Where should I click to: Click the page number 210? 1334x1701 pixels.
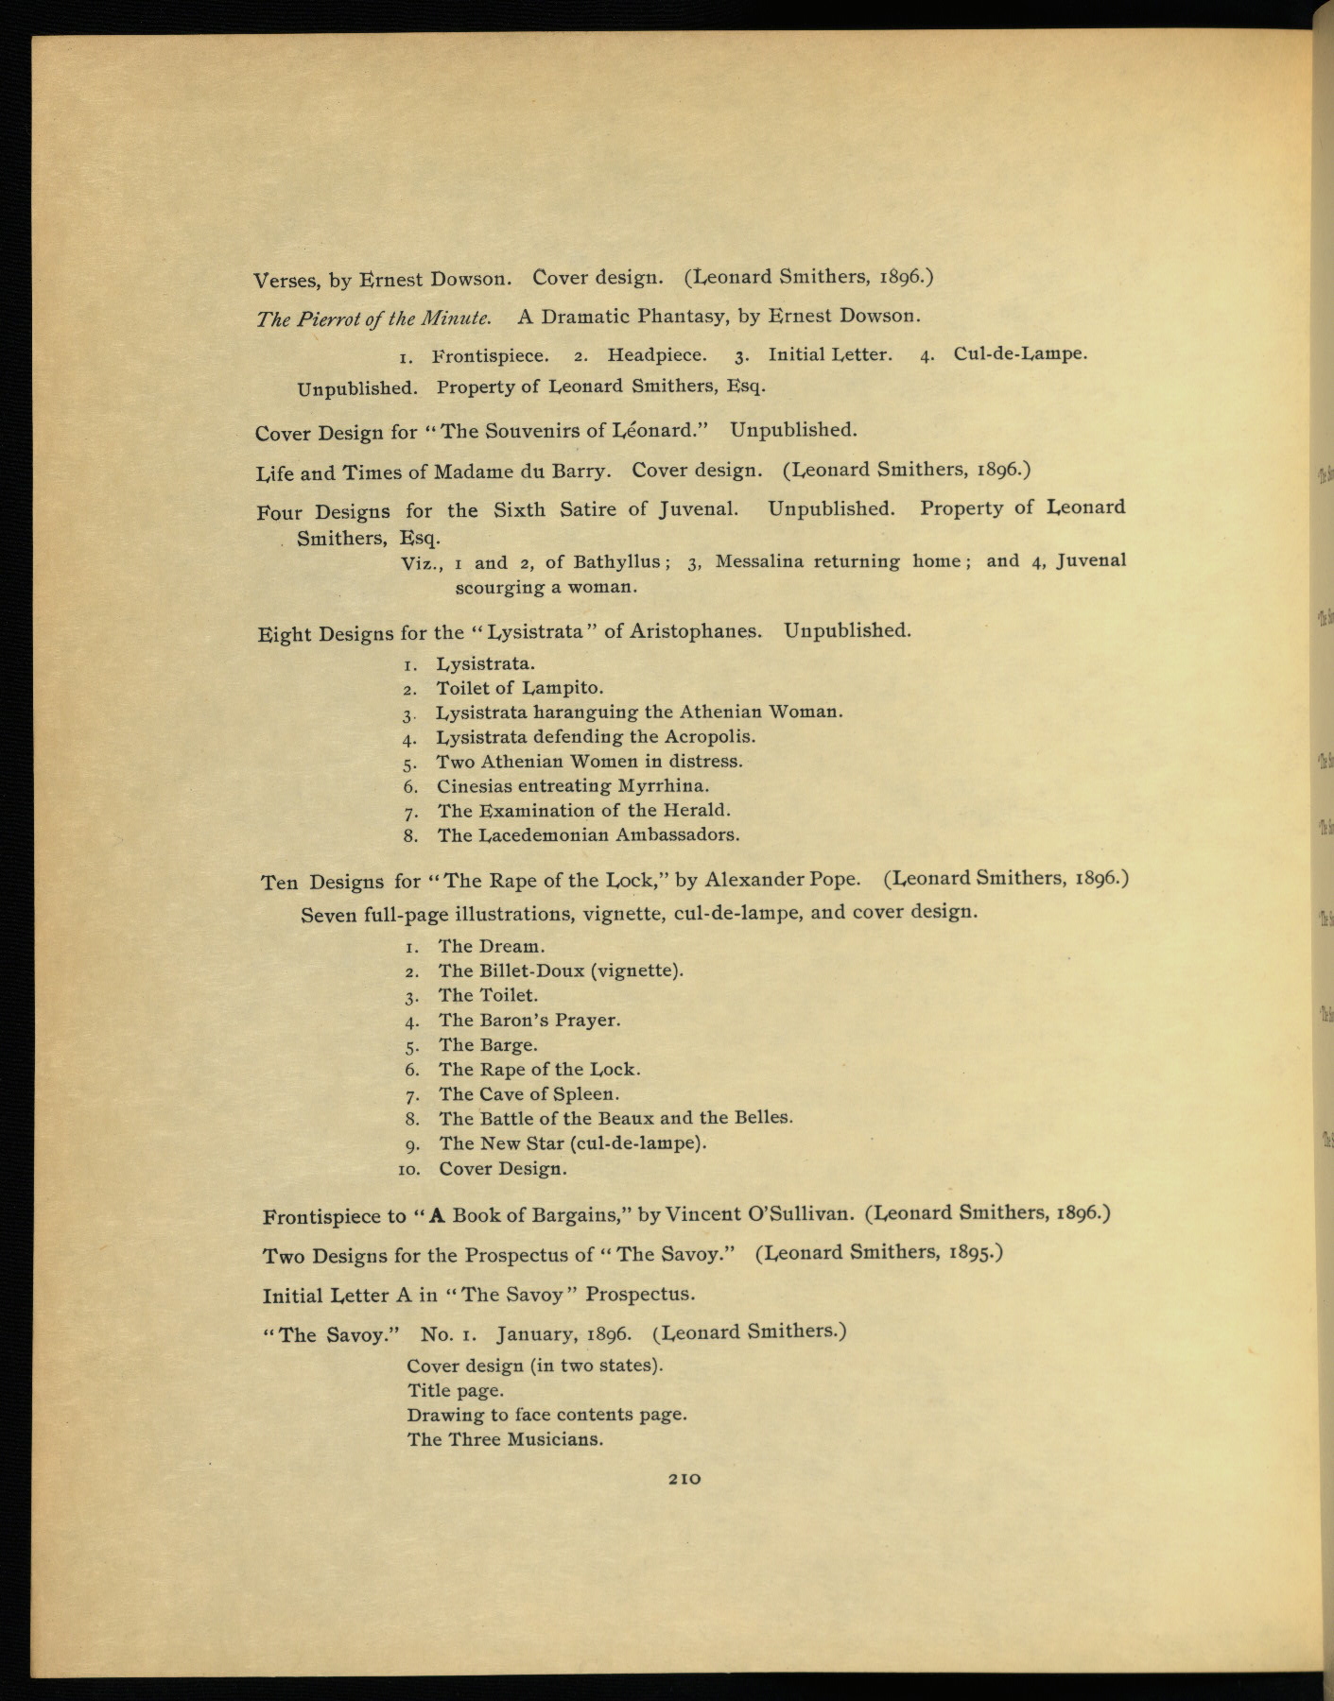pos(684,1479)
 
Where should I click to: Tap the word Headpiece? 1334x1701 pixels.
pos(656,355)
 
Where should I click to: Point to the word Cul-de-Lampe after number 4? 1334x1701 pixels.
pos(1020,353)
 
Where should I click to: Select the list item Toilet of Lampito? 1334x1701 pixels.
pos(519,688)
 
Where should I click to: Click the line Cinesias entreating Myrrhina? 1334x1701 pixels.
pos(573,785)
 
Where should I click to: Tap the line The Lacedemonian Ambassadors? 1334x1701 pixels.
pos(588,834)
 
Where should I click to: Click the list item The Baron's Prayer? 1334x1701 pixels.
pos(528,1020)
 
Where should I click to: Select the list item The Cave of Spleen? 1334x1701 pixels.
pos(528,1093)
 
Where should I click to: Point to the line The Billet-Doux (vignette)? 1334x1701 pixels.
pos(561,971)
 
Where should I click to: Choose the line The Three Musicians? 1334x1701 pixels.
pos(505,1439)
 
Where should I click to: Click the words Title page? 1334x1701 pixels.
pos(456,1390)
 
